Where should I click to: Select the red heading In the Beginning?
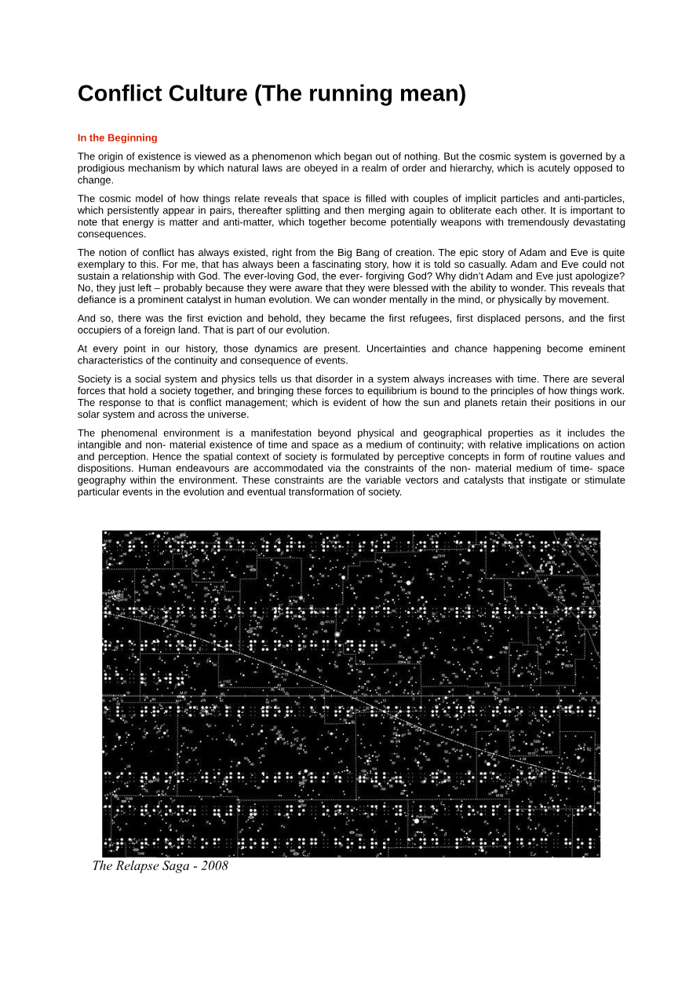click(x=117, y=137)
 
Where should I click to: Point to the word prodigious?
click(x=103, y=168)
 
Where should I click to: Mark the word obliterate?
click(x=490, y=210)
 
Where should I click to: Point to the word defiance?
click(x=97, y=299)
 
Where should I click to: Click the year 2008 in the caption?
click(x=213, y=865)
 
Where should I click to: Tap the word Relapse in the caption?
click(x=140, y=865)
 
